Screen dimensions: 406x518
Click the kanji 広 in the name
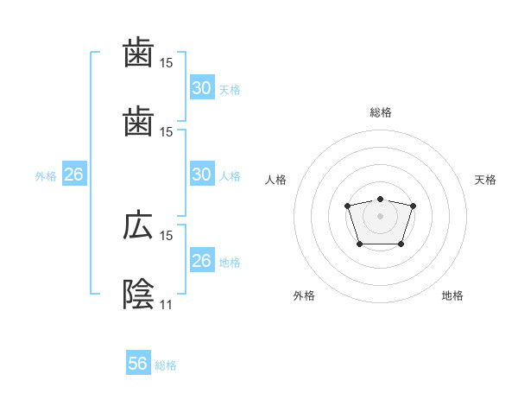pos(137,226)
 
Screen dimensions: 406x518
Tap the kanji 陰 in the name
pos(137,294)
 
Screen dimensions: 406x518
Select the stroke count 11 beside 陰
pos(166,304)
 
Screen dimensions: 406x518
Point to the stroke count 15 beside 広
pos(167,235)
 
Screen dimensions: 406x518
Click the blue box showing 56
pos(138,365)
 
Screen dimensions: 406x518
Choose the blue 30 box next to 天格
pos(201,88)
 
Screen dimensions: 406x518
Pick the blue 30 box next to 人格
pos(201,174)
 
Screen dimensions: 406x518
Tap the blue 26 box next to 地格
pos(201,261)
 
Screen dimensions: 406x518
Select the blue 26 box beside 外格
pos(73,174)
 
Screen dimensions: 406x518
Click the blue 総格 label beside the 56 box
pos(167,365)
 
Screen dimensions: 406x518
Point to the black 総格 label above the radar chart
pos(380,112)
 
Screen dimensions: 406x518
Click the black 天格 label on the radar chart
pos(485,180)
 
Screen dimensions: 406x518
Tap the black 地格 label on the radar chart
pos(452,296)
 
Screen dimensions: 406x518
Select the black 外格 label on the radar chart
pos(304,296)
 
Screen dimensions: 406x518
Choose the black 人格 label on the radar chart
pos(276,180)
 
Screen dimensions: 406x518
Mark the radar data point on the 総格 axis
pos(380,199)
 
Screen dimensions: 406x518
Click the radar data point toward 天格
pos(413,206)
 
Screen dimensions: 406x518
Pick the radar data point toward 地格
pos(401,244)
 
